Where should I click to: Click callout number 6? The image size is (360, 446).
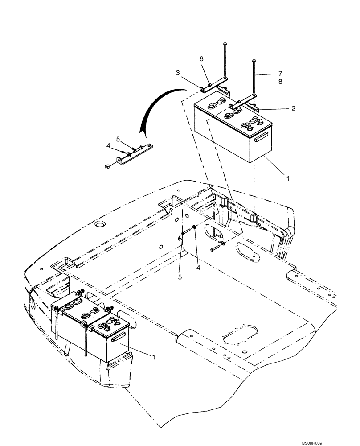point(201,59)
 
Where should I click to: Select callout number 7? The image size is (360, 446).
point(280,73)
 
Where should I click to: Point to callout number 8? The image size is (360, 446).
point(280,82)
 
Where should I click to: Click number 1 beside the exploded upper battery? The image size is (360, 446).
point(288,178)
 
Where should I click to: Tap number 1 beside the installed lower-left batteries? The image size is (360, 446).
point(155,356)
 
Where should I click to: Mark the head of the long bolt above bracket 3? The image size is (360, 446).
point(224,44)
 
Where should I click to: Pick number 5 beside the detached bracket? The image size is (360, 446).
point(119,139)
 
